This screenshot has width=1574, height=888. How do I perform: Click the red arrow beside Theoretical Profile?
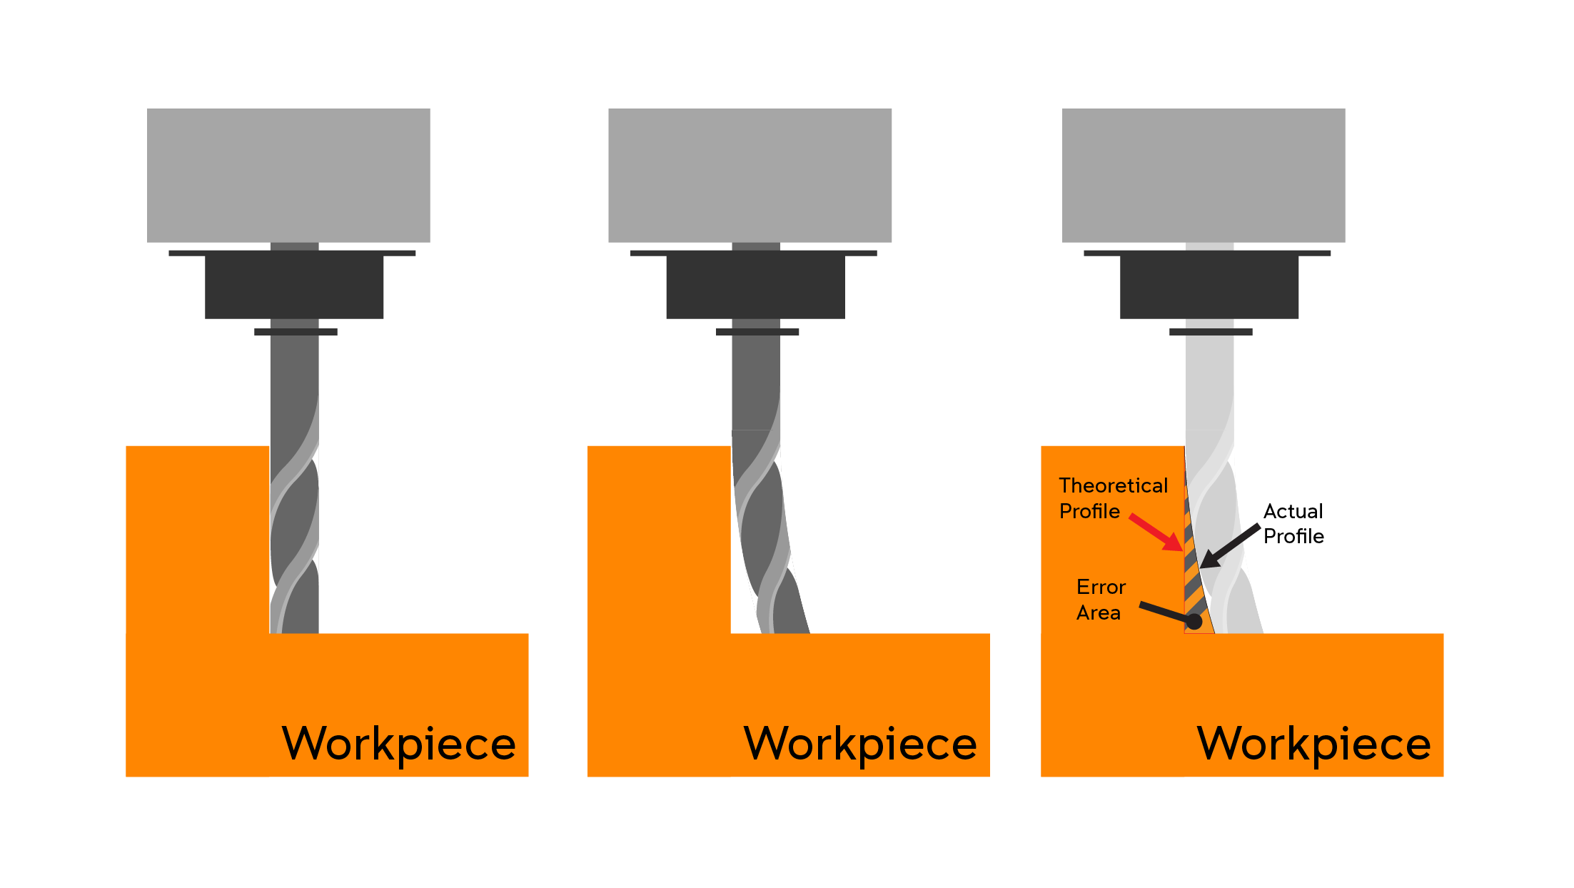click(1156, 533)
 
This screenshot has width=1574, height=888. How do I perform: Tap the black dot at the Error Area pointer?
click(1194, 622)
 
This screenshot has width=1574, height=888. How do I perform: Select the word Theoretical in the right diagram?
click(1114, 485)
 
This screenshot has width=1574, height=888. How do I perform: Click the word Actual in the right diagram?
click(1293, 511)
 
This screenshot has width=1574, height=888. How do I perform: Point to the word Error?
click(1101, 587)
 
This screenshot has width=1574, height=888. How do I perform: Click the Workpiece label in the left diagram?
click(399, 745)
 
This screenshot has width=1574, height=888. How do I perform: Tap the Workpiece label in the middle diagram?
click(860, 745)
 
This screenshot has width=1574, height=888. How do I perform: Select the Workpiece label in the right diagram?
click(1314, 745)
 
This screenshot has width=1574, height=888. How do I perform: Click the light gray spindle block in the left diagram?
click(288, 175)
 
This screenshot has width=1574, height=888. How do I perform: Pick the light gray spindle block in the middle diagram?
click(750, 175)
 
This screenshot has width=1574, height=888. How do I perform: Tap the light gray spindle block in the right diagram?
click(1204, 175)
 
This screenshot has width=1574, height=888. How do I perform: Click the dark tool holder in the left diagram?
click(293, 284)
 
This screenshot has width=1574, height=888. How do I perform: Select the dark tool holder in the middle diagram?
click(755, 284)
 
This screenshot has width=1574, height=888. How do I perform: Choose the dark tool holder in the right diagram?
click(1209, 284)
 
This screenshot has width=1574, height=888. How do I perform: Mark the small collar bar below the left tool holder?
click(296, 332)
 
